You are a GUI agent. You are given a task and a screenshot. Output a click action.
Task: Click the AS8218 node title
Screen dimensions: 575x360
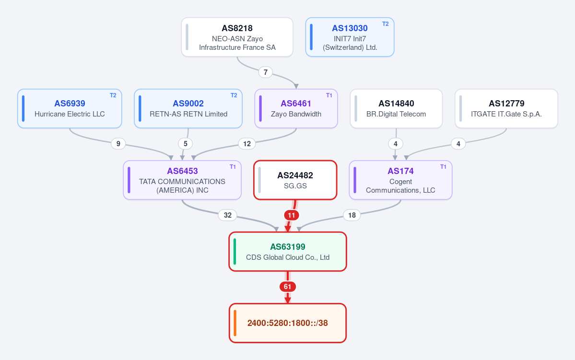(237, 28)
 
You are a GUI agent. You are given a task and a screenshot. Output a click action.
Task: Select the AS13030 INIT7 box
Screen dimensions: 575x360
(350, 37)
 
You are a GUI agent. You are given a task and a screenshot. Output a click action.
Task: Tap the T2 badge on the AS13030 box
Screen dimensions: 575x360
(386, 24)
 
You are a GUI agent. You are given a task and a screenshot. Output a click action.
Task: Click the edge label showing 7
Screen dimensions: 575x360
(266, 72)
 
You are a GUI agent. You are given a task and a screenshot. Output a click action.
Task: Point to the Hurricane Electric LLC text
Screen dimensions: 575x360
(70, 114)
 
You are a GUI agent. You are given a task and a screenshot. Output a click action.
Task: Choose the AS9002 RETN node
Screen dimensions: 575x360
(188, 108)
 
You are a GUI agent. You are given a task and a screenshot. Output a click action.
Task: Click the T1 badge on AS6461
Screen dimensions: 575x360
(329, 95)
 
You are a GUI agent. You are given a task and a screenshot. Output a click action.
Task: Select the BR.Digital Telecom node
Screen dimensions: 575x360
(396, 108)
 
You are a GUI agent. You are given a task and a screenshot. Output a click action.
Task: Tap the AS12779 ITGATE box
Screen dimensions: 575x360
(506, 108)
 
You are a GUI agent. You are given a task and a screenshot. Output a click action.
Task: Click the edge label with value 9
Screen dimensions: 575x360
(118, 144)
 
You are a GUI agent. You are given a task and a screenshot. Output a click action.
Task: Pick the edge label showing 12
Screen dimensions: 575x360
(247, 144)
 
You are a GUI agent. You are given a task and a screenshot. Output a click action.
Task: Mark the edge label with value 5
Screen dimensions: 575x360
(185, 144)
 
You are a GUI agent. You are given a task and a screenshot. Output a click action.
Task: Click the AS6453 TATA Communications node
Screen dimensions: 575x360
(182, 180)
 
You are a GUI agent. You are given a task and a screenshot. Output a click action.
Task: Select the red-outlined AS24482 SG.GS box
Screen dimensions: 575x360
(295, 180)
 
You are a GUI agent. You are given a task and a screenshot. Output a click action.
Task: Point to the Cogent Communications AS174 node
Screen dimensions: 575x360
(400, 180)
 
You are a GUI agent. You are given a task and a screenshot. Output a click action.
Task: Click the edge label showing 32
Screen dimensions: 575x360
(228, 215)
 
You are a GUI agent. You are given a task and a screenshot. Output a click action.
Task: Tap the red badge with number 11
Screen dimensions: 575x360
(292, 215)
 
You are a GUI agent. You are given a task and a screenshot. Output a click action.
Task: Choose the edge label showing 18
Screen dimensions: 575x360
(352, 215)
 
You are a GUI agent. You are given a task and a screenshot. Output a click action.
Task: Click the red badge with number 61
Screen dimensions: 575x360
(288, 287)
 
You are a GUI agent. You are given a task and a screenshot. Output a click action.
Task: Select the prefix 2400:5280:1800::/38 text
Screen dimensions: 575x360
(288, 323)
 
